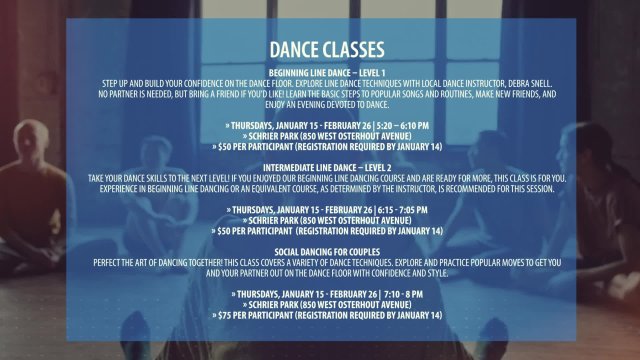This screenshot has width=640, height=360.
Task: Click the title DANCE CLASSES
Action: (320, 49)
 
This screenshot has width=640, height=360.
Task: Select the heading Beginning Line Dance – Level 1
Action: (320, 72)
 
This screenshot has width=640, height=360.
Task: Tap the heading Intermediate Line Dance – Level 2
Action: (320, 167)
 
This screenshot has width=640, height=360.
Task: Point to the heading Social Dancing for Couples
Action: (320, 252)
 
